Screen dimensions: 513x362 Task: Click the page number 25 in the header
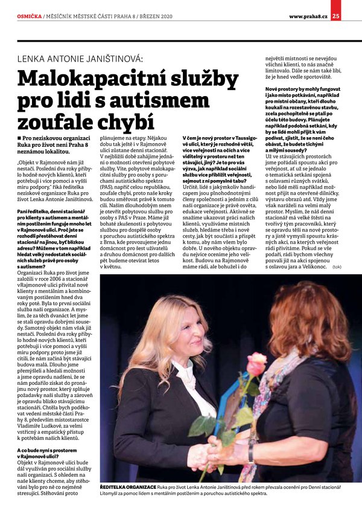pyautogui.click(x=352, y=7)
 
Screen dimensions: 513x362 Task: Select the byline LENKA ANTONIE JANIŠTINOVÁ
pyautogui.click(x=80, y=59)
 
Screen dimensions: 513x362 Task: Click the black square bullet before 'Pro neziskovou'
pyautogui.click(x=20, y=140)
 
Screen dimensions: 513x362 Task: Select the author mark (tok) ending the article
pyautogui.click(x=337, y=266)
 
